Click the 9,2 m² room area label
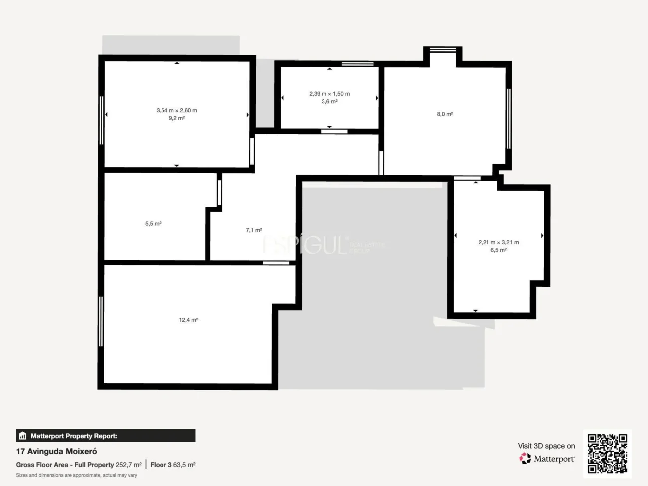[x=177, y=118]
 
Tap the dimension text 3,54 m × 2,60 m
[x=177, y=110]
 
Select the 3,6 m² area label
[x=329, y=102]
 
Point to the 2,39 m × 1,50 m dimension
[x=329, y=94]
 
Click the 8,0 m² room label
[x=445, y=114]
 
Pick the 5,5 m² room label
[x=153, y=224]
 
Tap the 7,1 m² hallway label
[x=254, y=230]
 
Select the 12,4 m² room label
[x=189, y=320]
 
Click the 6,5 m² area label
[x=498, y=250]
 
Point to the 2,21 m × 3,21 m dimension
[x=498, y=242]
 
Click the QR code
[x=607, y=454]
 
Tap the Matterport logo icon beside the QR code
[x=525, y=459]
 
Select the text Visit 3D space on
[x=546, y=446]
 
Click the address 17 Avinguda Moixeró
[x=57, y=451]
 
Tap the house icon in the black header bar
[x=22, y=436]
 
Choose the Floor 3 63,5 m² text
[x=173, y=465]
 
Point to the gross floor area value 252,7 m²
[x=129, y=465]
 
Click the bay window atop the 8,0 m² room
[x=443, y=50]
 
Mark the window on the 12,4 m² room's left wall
[x=101, y=322]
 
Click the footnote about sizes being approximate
[x=76, y=475]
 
